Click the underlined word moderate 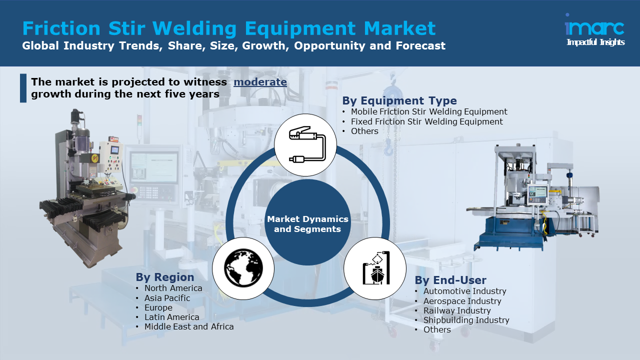260,82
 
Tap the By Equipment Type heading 399,100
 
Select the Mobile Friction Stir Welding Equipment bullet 429,112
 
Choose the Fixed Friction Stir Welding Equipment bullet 426,121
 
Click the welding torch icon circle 305,145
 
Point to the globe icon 243,268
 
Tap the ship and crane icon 374,268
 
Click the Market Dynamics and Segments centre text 307,224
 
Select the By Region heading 165,277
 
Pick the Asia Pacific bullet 167,298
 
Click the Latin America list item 171,317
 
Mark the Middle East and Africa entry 189,326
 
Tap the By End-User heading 450,280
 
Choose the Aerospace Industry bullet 462,301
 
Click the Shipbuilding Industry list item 466,320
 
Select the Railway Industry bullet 457,310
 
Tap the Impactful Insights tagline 595,42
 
